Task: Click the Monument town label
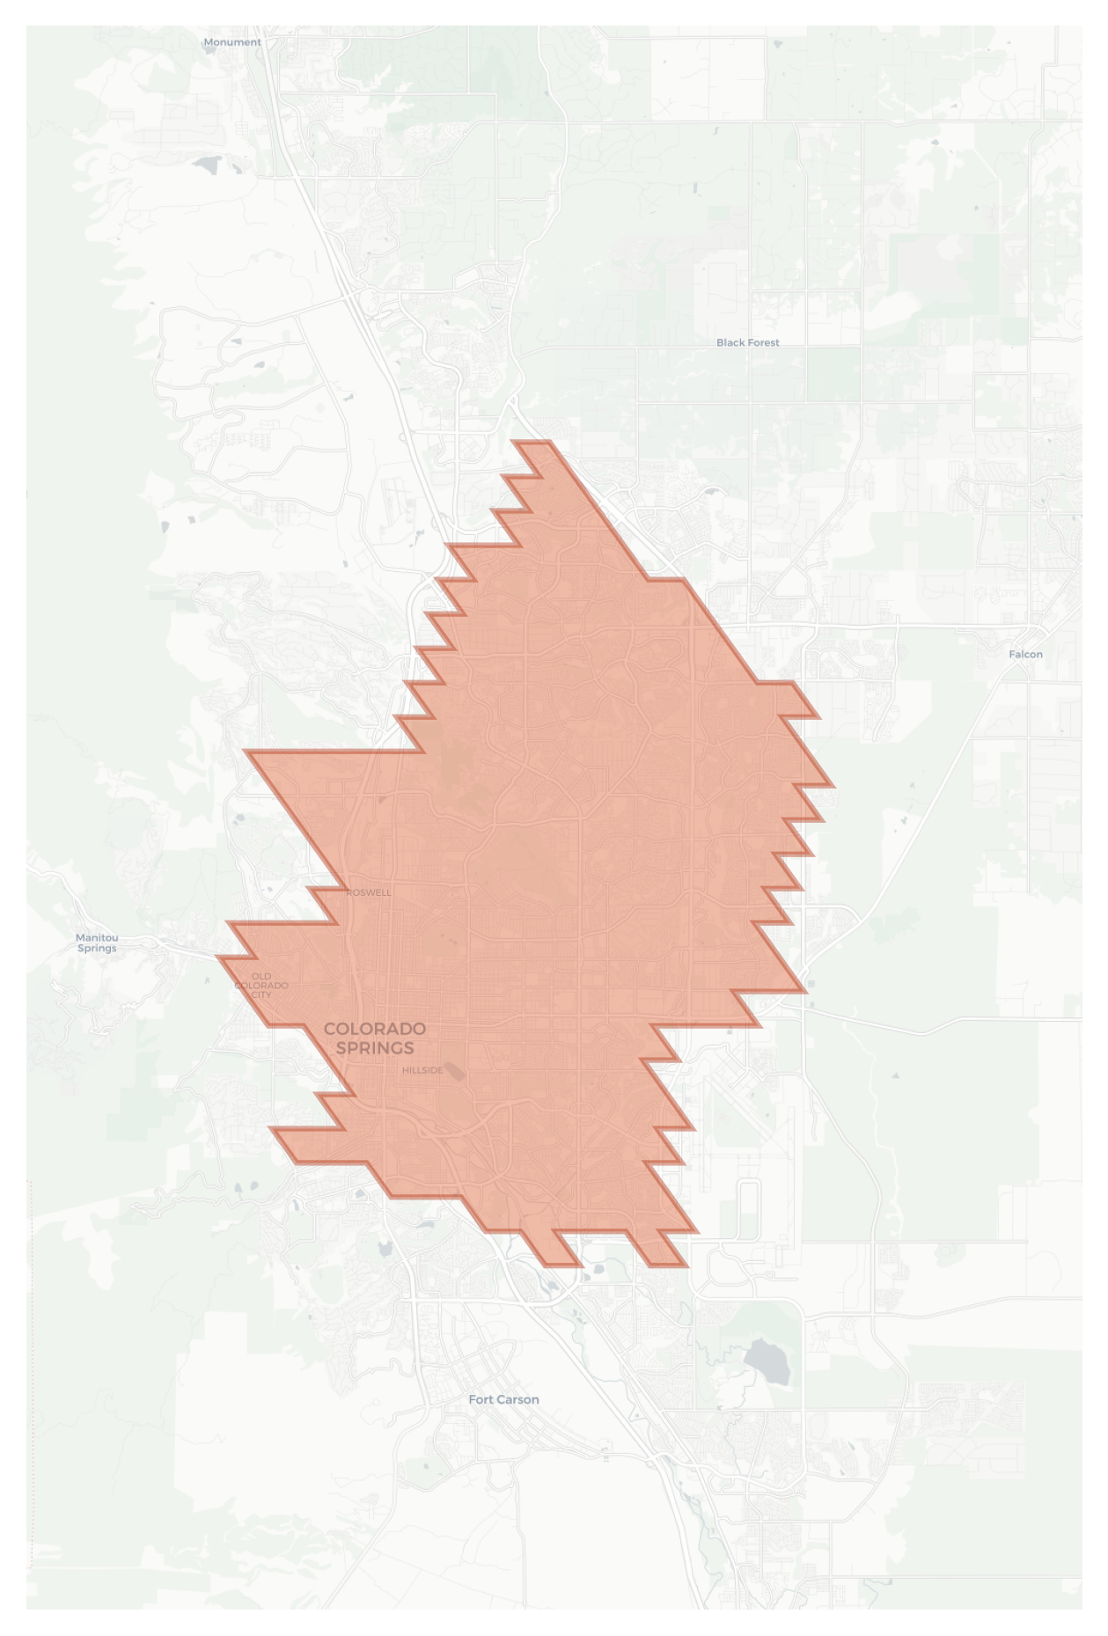[232, 42]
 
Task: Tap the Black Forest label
[747, 342]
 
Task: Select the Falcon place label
[1025, 654]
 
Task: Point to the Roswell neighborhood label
[369, 892]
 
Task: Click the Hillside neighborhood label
[422, 1070]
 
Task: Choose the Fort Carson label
[503, 1399]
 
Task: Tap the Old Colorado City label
[261, 985]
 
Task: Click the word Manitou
[97, 937]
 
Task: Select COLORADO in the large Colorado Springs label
[375, 1028]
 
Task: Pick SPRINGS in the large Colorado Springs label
[375, 1047]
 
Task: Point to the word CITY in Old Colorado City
[261, 994]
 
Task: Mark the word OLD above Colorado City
[261, 976]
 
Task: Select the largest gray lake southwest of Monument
[209, 164]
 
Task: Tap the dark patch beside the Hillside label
[454, 1071]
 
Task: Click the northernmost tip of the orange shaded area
[532, 442]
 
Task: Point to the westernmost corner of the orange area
[217, 957]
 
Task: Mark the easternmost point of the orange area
[833, 785]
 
